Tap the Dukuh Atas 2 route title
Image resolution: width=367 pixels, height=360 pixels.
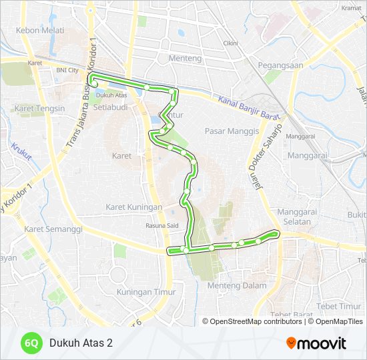tap(81, 343)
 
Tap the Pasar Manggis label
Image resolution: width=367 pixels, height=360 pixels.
tap(232, 131)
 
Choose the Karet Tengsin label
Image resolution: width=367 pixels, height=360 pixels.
tap(41, 108)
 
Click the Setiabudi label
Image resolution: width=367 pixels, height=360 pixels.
tap(110, 107)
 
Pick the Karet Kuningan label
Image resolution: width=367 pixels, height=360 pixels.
tap(134, 207)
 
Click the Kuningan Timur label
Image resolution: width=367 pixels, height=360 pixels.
tap(146, 292)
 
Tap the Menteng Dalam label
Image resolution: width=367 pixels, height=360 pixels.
tap(237, 286)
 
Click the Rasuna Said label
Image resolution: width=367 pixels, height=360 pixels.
tap(161, 225)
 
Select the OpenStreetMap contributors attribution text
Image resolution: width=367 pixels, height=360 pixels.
tap(256, 321)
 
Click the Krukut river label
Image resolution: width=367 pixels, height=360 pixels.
tap(21, 152)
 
